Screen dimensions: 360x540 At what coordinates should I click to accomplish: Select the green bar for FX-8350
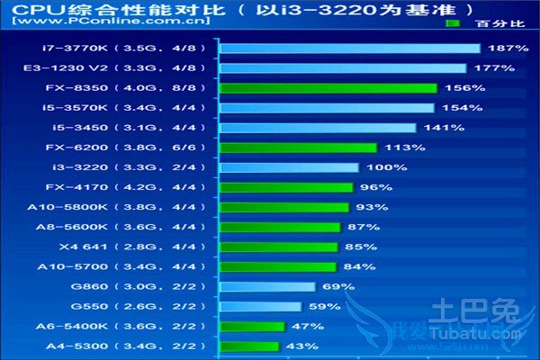(328, 88)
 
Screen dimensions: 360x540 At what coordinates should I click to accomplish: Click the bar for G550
(261, 306)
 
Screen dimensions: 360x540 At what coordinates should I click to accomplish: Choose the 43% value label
(301, 346)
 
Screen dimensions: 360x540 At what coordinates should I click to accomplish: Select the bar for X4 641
(279, 247)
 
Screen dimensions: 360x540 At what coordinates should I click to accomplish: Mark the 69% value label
(336, 286)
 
